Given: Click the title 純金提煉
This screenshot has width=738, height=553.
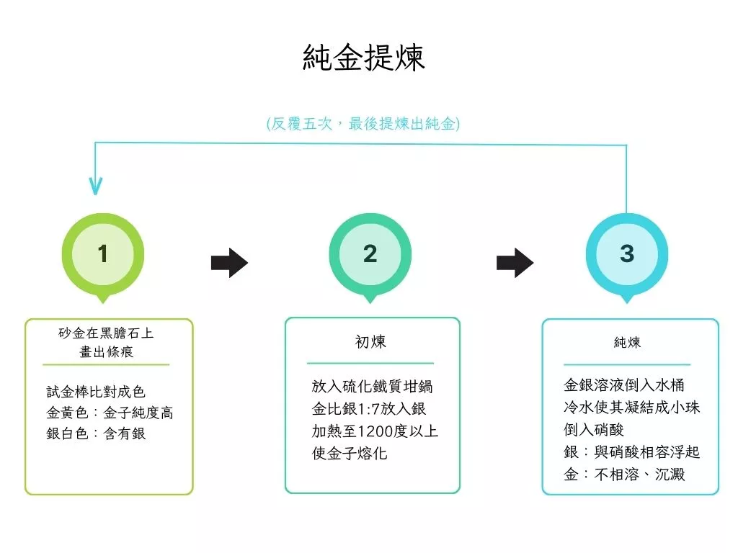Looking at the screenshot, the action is (x=364, y=58).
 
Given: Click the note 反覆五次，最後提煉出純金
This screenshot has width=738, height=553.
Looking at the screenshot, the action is (x=363, y=124).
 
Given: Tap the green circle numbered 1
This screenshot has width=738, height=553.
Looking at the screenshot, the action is (x=102, y=254).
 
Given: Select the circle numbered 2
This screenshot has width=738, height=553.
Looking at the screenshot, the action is (x=370, y=254).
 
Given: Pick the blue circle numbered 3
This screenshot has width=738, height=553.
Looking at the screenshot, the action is (x=627, y=254).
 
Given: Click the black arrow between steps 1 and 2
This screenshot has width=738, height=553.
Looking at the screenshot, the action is (x=229, y=263).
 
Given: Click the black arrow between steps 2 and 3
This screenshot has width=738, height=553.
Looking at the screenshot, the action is (x=515, y=263).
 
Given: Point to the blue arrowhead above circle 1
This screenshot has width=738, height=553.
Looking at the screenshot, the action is (x=96, y=186).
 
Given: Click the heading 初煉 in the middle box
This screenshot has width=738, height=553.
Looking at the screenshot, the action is (x=370, y=342).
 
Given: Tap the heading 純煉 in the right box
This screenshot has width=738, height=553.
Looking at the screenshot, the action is (x=627, y=342).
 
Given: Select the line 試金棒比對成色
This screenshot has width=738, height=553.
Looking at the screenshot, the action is (x=96, y=391).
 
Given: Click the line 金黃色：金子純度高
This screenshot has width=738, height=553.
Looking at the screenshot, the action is (x=110, y=413).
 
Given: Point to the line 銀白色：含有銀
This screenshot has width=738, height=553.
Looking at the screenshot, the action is (x=96, y=433).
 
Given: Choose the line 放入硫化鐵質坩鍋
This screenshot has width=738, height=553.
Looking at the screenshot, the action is (x=372, y=386).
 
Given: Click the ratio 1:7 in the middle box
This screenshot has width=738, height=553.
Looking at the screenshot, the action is (x=368, y=409).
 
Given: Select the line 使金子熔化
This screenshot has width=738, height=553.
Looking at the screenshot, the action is (x=350, y=454).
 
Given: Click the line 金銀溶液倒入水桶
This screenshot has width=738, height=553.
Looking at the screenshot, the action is (x=623, y=385).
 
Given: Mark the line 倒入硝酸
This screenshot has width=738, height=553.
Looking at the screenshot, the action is (x=594, y=429).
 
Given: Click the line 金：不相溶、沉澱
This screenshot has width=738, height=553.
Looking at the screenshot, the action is (x=624, y=474).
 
